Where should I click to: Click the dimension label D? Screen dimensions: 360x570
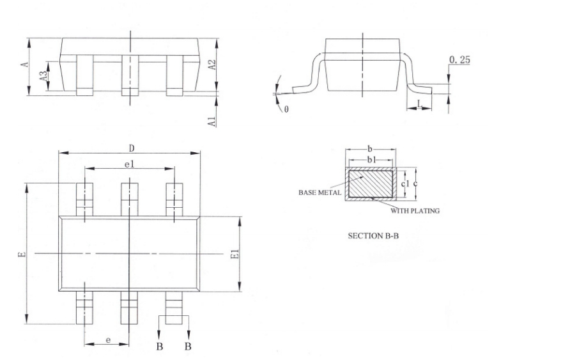(130, 147)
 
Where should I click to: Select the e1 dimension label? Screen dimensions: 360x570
(129, 164)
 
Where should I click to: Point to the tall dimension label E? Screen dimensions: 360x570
(22, 254)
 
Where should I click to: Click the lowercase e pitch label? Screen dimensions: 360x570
(108, 340)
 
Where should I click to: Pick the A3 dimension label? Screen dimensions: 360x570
(43, 75)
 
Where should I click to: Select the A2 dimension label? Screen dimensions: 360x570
(213, 65)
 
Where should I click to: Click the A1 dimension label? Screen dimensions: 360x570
(213, 120)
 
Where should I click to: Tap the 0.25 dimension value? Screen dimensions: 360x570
(459, 59)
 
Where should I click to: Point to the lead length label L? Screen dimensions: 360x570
(419, 103)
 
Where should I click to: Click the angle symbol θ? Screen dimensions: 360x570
(286, 109)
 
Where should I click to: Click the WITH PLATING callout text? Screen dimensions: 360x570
(415, 210)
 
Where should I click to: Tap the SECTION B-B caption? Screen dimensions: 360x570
(373, 236)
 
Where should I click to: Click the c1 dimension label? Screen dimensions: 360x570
(404, 184)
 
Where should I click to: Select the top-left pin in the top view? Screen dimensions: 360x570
(84, 200)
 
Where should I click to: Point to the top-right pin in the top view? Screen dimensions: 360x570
(174, 200)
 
